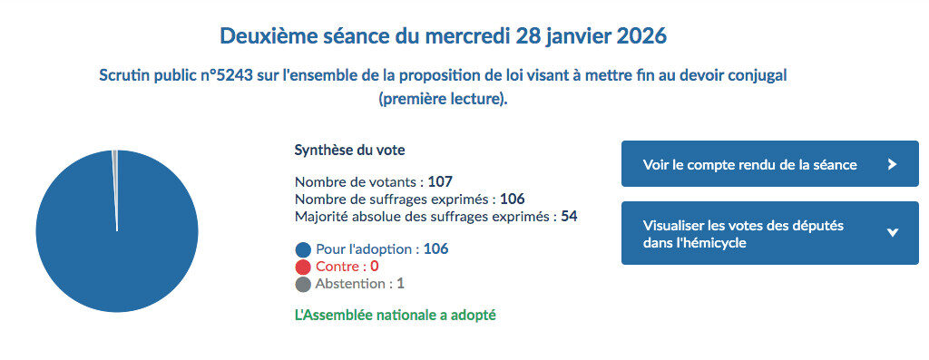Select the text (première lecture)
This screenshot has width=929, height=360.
443,98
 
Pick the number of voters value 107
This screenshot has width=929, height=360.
440,181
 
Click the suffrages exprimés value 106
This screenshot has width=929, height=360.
513,199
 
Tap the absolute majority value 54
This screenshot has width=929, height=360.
570,216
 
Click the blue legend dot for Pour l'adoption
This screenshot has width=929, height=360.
303,249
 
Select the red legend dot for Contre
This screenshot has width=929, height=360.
303,267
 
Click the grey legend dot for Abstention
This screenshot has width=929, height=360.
303,284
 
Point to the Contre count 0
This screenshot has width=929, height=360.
374,266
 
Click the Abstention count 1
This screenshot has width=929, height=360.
400,283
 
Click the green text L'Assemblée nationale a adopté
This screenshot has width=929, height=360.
396,316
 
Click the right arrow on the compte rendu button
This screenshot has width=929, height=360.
892,164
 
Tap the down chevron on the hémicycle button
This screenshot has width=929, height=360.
892,233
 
